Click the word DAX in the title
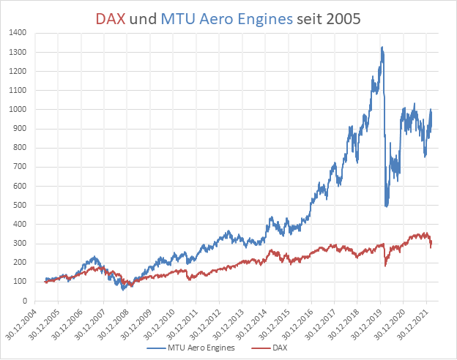point(111,19)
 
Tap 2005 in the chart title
point(343,19)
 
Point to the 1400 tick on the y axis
point(19,34)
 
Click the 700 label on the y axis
point(21,167)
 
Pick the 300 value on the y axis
point(21,244)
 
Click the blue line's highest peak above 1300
point(382,48)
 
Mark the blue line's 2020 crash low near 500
point(387,206)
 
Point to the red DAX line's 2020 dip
point(386,265)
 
